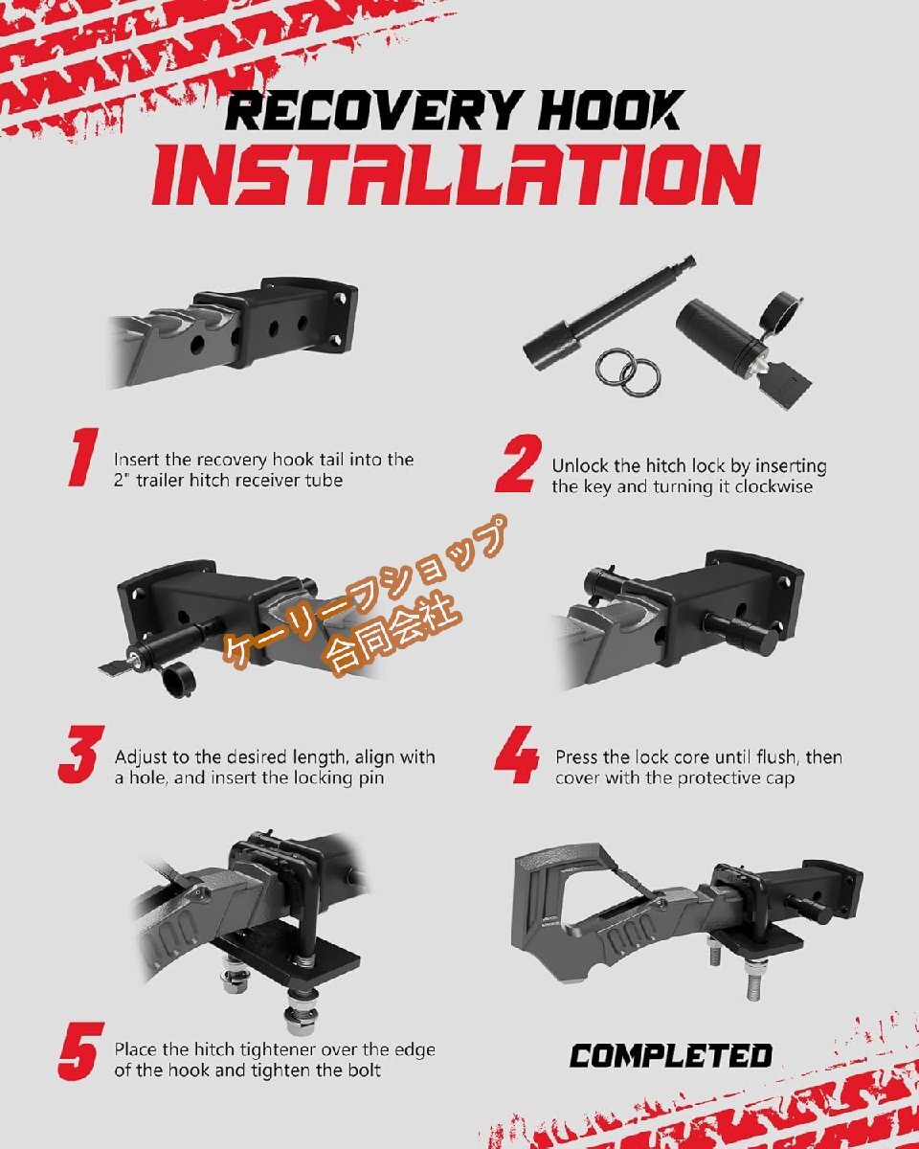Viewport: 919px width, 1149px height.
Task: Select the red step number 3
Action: tap(81, 755)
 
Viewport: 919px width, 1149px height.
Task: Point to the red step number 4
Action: tap(516, 755)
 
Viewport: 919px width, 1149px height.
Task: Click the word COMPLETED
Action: tap(671, 1055)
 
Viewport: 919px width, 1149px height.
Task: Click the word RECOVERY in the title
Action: tap(372, 110)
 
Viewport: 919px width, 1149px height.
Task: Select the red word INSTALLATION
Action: tap(457, 175)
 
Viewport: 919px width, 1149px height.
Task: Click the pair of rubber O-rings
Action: tap(628, 372)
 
